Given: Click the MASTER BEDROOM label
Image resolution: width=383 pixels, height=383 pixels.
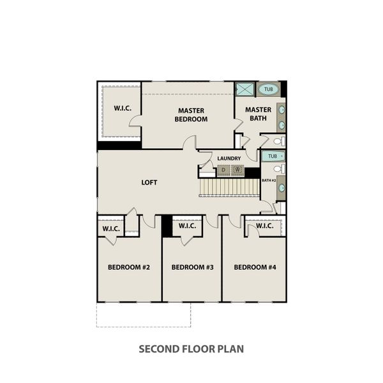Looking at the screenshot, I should coord(191,114).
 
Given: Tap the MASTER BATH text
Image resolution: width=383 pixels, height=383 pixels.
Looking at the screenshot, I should coord(258,114).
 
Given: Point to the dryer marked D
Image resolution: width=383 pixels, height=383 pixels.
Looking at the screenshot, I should coord(223,170).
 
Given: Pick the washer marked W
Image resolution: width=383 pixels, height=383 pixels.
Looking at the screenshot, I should coord(237,170).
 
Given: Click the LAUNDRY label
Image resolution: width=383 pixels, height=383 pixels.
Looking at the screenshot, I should coord(229,158).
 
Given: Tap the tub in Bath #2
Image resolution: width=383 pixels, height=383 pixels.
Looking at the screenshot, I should coord(273,156).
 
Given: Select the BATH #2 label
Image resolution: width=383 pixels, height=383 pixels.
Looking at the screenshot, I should coord(268,181).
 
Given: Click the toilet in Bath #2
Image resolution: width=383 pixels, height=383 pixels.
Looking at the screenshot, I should coord(279,169).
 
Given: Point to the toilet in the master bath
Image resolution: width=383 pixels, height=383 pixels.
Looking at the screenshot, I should coord(279,141).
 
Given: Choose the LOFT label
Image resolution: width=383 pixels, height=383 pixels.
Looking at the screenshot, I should coord(149,183).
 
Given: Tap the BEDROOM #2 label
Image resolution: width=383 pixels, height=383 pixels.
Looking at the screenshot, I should coord(128,267).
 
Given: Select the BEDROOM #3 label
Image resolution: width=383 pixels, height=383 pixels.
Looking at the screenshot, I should coord(191,267).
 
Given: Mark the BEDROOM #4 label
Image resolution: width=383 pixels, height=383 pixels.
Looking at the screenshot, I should coord(254,267).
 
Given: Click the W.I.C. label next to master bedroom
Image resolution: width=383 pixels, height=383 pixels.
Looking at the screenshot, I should coord(123,108).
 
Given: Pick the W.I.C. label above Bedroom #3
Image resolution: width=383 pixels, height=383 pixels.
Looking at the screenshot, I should coord(187,226).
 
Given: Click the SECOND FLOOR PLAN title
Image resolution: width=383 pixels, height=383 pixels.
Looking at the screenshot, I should coord(191,349).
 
